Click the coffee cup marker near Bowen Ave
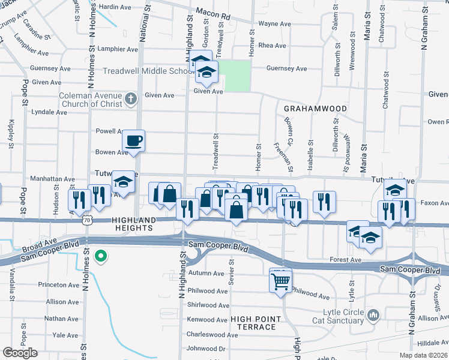pyautogui.click(x=134, y=141)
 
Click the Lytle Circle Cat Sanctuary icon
pyautogui.click(x=373, y=314)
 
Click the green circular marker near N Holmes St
pyautogui.click(x=101, y=257)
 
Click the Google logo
pyautogui.click(x=20, y=353)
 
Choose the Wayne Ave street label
pyautogui.click(x=274, y=25)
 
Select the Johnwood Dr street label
pyautogui.click(x=205, y=348)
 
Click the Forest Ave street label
pyautogui.click(x=345, y=260)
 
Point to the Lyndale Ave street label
pyautogui.click(x=49, y=112)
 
